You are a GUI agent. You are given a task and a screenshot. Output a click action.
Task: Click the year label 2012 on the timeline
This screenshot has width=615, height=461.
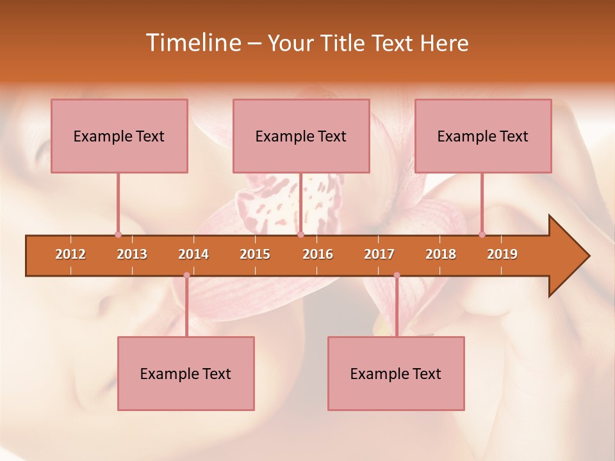click(x=70, y=254)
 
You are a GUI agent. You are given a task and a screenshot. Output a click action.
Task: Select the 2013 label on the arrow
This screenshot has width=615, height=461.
click(x=132, y=254)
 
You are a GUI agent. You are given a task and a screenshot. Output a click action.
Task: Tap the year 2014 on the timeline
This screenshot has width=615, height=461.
click(x=193, y=254)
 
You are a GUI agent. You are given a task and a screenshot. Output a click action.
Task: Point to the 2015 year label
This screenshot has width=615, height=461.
click(x=255, y=254)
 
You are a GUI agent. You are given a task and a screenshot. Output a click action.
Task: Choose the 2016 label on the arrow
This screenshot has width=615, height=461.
click(x=318, y=254)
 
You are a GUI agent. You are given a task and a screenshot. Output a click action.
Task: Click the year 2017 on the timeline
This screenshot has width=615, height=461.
click(x=379, y=254)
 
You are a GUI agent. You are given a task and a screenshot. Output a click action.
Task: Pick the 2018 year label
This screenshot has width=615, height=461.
click(x=441, y=254)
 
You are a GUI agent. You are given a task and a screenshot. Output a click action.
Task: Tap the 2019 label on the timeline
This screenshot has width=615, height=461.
click(x=502, y=254)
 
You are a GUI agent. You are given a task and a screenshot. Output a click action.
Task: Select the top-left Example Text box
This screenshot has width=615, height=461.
click(x=119, y=136)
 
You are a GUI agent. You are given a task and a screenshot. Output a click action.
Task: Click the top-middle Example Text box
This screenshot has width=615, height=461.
click(x=301, y=136)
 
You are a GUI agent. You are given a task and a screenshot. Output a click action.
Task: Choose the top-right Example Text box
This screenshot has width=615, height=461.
click(x=483, y=136)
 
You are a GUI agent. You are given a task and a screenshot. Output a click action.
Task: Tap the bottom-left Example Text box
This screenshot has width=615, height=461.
click(x=186, y=373)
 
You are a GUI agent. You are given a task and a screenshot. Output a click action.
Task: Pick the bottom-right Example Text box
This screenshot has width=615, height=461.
click(x=396, y=373)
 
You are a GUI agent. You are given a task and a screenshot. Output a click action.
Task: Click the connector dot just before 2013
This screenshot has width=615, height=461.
click(x=118, y=235)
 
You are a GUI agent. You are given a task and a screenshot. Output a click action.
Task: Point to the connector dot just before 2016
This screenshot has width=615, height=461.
click(x=300, y=235)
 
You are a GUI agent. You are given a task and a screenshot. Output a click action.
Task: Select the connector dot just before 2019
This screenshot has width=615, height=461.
click(x=482, y=235)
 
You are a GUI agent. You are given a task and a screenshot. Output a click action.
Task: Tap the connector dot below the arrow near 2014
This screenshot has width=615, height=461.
click(x=186, y=275)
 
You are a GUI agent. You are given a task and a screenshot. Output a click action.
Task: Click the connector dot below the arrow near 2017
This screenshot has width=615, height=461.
click(x=397, y=275)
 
